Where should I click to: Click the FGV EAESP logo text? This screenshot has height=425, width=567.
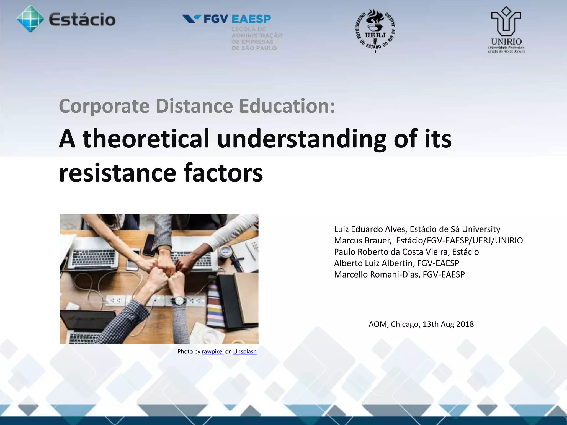pos(237,19)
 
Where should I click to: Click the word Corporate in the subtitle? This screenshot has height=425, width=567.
pos(104,106)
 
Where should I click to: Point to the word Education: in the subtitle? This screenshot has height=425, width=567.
pos(287,106)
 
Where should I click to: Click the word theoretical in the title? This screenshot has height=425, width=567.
pos(146,139)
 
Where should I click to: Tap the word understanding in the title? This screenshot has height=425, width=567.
pos(301,139)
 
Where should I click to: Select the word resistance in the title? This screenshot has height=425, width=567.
pos(118,173)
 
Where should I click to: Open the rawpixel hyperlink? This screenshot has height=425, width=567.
pos(212,351)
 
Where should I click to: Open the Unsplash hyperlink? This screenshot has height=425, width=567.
pos(245,351)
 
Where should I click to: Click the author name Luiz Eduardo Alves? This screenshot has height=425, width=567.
pos(370,229)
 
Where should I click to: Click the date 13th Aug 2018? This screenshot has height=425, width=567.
pos(448,324)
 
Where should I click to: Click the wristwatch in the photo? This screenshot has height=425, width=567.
pos(180,300)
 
